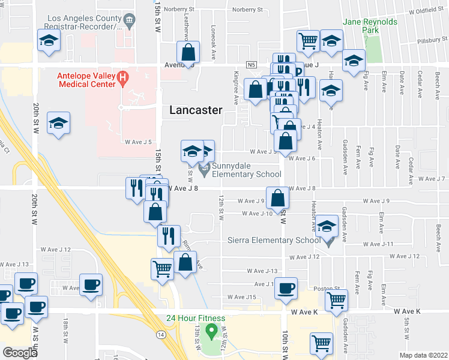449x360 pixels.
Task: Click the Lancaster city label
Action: click(x=196, y=110)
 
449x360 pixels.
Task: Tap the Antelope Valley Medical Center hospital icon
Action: click(x=123, y=77)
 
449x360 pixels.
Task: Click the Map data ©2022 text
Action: click(x=423, y=355)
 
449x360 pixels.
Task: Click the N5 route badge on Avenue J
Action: click(x=250, y=64)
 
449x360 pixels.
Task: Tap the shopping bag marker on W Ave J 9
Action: click(x=277, y=197)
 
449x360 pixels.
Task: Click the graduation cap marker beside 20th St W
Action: click(x=58, y=122)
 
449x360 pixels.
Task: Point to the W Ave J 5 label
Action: click(x=138, y=142)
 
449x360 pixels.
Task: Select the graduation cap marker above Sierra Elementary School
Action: click(x=327, y=226)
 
